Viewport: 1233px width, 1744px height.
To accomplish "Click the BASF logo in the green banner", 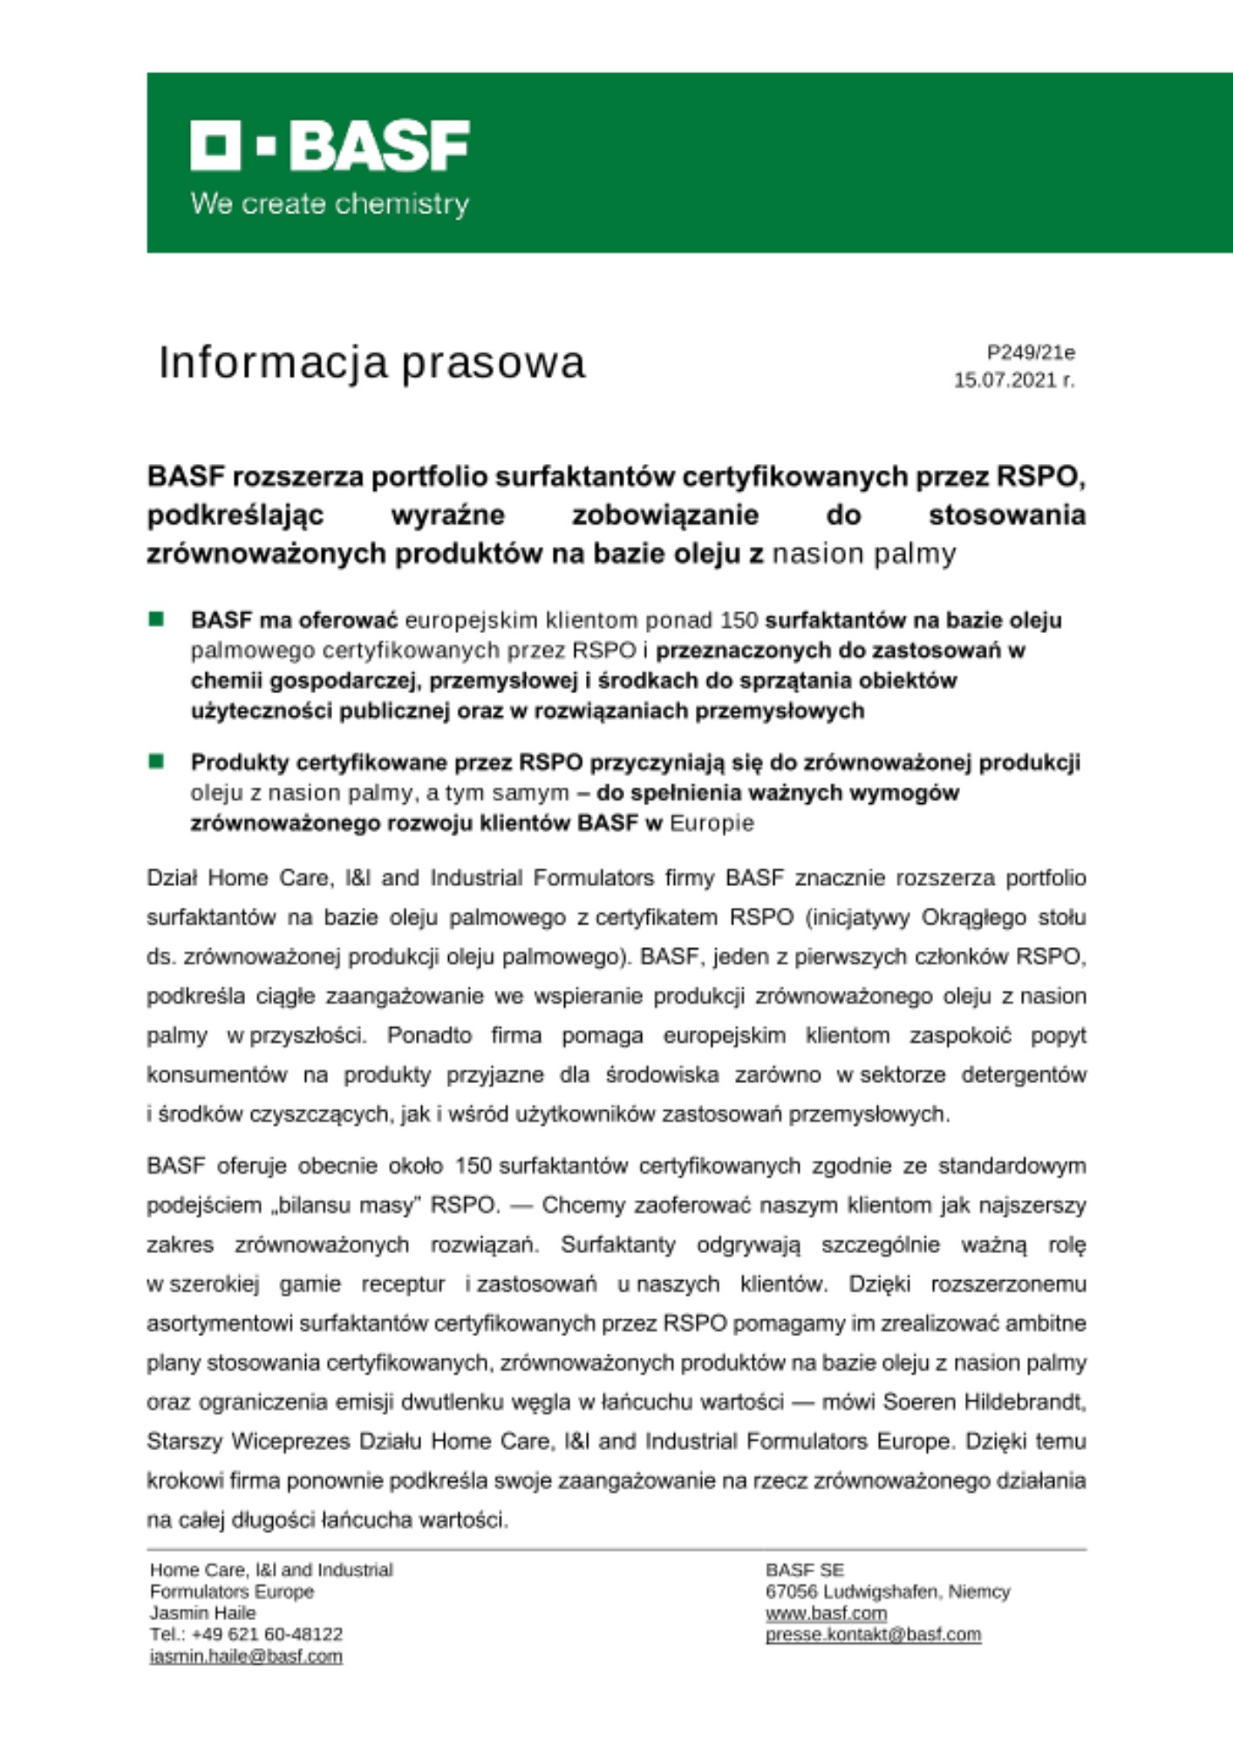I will [330, 146].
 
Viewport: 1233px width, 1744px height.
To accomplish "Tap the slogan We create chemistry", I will [330, 204].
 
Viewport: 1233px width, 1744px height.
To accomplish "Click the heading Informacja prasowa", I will [371, 362].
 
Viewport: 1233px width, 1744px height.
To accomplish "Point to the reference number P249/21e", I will [1031, 352].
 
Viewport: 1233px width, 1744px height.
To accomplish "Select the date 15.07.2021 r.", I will [1014, 380].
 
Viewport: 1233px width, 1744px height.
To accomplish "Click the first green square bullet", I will [157, 619].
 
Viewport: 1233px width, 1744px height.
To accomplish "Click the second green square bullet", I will [157, 761].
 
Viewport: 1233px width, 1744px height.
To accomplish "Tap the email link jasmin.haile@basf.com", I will [246, 1656].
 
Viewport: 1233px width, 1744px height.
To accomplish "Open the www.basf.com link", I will [826, 1613].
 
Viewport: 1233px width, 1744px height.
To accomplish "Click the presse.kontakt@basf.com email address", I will [873, 1634].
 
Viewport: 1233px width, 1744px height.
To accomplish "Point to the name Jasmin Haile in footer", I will [202, 1613].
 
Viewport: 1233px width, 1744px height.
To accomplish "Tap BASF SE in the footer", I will [804, 1570].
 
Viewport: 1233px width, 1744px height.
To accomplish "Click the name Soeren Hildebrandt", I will [984, 1401].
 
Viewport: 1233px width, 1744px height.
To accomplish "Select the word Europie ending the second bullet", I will [712, 823].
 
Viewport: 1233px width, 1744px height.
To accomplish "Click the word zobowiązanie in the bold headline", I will [665, 515].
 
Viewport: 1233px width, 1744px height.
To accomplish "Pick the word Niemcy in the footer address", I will [979, 1591].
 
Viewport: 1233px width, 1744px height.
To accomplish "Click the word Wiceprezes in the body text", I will [290, 1441].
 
